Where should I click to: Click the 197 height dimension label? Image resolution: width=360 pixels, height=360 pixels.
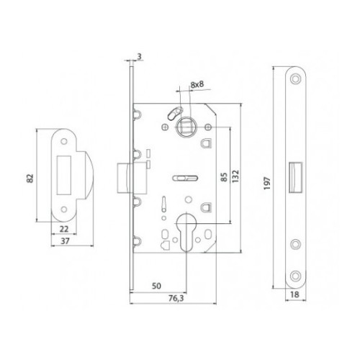[267, 183]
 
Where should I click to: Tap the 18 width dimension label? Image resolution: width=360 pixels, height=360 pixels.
[294, 294]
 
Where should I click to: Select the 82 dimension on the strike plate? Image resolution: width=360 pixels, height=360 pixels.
[30, 179]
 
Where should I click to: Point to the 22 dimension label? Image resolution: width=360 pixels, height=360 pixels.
[64, 229]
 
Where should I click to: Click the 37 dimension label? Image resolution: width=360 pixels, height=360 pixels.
[65, 241]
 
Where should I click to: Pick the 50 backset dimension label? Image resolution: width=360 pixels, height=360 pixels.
[156, 286]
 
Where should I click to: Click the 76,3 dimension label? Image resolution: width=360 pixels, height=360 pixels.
[176, 298]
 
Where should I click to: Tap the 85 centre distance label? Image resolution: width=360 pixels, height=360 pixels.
[224, 177]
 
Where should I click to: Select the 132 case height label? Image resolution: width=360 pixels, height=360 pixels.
[235, 176]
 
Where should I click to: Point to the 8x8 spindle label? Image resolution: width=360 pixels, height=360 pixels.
[197, 84]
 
